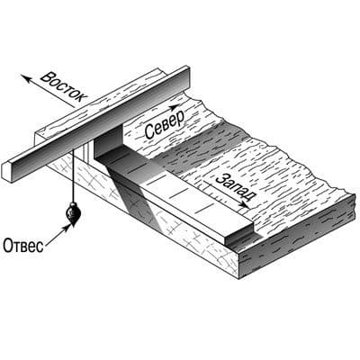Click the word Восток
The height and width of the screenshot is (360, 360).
tap(64, 86)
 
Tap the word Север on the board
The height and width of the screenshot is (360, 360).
tap(164, 125)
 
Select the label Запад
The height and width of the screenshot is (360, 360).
tap(236, 189)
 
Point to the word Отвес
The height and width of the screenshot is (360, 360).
tap(23, 246)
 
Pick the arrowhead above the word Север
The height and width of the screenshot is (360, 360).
tap(174, 107)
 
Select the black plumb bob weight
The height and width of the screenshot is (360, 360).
tap(73, 213)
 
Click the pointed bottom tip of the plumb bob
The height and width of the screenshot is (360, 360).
tap(72, 225)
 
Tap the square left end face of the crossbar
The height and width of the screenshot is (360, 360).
tap(8, 172)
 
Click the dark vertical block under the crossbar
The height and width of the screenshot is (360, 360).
tap(108, 141)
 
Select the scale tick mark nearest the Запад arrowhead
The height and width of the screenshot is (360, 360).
tap(205, 208)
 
